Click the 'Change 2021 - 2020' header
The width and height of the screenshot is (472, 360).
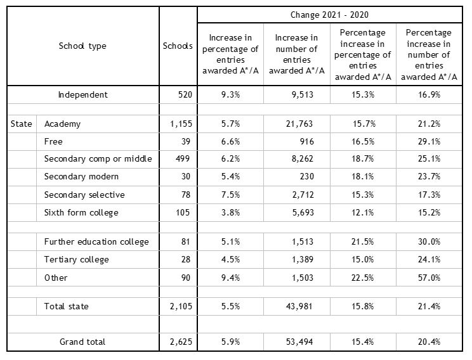(329, 15)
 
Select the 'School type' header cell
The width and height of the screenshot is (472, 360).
(82, 46)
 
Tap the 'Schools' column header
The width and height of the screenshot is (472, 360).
(178, 46)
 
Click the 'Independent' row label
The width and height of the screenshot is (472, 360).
(82, 94)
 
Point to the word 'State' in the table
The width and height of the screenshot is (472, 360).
(21, 124)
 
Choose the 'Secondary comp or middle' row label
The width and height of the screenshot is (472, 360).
(98, 159)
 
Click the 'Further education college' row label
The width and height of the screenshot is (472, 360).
(96, 242)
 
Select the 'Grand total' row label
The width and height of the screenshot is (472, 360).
(82, 342)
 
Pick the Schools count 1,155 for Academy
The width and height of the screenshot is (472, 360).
(181, 124)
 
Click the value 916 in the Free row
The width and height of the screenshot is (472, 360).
(307, 141)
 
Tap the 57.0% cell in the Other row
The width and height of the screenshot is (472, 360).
(429, 278)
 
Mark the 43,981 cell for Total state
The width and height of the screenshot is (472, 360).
(299, 307)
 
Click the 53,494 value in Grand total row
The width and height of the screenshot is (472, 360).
(299, 342)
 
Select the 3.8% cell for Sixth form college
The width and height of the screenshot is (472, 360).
(230, 212)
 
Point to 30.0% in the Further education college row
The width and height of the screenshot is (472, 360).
(429, 242)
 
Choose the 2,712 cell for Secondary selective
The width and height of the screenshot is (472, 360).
(303, 195)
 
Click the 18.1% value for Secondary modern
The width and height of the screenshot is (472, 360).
(363, 177)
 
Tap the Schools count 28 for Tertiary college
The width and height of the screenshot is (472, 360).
(186, 260)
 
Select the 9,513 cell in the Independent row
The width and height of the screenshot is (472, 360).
(303, 94)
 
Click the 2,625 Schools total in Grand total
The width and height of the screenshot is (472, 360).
(181, 342)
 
